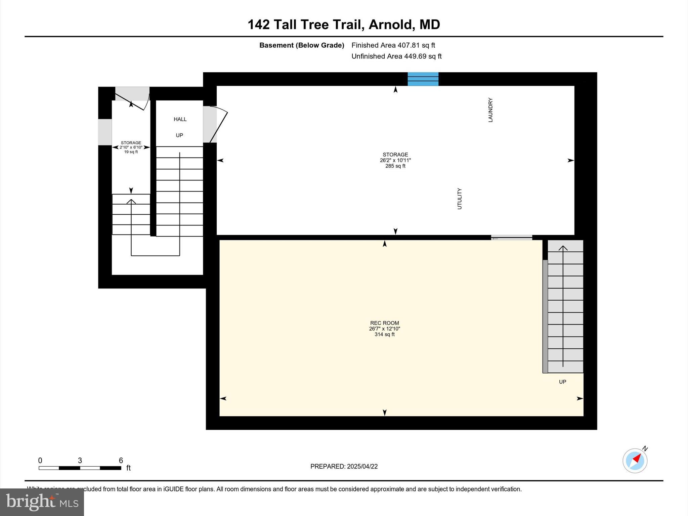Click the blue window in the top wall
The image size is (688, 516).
(x=423, y=79)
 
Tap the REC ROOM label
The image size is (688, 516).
(x=384, y=323)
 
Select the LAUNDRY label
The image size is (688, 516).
(x=490, y=110)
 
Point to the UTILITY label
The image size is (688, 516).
(x=459, y=199)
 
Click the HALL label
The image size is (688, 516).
(x=180, y=119)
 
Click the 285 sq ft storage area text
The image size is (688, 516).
(x=395, y=166)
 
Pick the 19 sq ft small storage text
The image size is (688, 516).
(x=131, y=152)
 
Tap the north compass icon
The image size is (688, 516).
(x=635, y=461)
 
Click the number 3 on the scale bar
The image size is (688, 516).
(x=80, y=461)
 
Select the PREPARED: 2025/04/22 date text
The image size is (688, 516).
(x=344, y=466)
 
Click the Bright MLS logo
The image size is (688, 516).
(x=42, y=502)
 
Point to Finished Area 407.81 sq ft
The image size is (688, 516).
(x=393, y=45)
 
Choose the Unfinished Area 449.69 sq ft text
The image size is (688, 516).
(x=396, y=56)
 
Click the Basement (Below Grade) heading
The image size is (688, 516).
(x=302, y=45)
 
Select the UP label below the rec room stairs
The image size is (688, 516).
(x=562, y=382)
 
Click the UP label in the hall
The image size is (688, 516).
(x=179, y=135)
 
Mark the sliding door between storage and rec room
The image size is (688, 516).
(x=511, y=238)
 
